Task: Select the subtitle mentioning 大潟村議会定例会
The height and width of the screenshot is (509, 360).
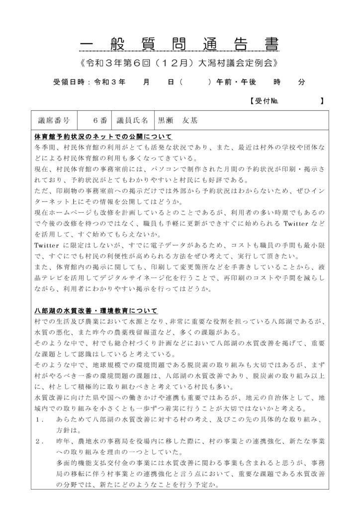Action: (x=180, y=64)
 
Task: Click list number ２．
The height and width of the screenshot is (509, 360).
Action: (x=41, y=441)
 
